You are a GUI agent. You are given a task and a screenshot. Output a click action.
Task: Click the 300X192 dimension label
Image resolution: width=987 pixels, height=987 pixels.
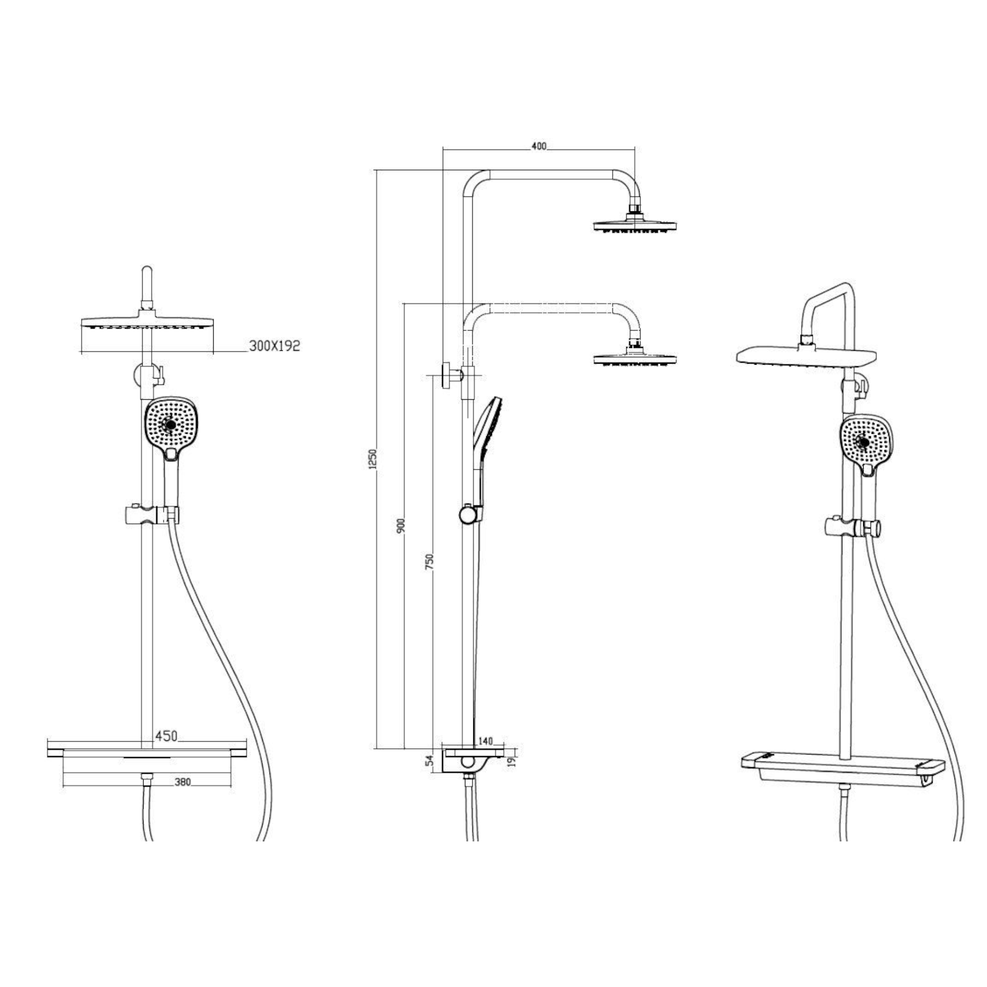274,346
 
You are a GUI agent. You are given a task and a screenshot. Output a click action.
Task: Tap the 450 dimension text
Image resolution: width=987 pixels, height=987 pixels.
166,736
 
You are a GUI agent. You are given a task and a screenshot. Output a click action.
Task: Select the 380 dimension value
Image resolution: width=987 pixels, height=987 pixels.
183,782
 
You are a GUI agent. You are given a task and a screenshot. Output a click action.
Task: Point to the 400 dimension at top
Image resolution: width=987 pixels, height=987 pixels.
538,146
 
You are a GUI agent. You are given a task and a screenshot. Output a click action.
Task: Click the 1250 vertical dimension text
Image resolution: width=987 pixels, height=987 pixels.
373,459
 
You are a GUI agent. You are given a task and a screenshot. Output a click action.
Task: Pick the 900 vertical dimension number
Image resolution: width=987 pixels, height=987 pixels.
401,526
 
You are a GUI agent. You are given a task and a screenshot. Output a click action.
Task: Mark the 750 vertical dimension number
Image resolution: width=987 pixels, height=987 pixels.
430,562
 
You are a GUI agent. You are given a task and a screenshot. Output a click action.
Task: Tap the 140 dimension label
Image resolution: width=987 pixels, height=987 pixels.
485,741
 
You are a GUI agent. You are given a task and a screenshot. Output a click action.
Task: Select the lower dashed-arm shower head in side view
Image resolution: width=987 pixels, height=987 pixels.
635,358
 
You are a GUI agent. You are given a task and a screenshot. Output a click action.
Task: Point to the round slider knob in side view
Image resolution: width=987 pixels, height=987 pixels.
466,514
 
